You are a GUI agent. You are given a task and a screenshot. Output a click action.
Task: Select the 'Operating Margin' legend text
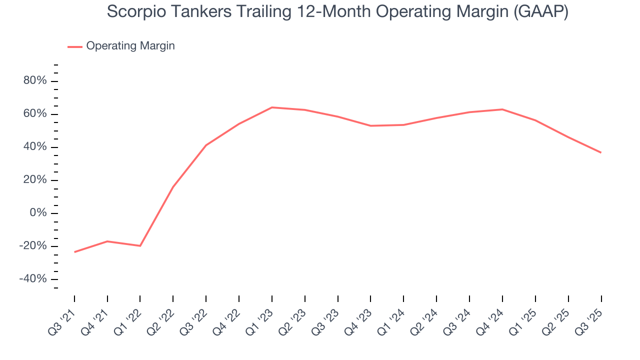(x=130, y=46)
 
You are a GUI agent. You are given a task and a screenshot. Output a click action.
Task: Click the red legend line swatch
(x=75, y=46)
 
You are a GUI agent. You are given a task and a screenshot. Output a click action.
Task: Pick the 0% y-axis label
(x=38, y=213)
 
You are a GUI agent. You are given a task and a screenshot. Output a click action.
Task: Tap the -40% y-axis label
(x=33, y=279)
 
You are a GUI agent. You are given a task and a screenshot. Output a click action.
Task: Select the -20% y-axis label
(x=33, y=246)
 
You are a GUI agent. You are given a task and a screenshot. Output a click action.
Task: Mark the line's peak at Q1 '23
(x=271, y=107)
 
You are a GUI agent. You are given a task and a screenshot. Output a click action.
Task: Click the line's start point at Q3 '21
(x=74, y=252)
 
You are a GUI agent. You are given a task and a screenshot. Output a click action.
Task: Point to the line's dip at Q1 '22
(x=140, y=246)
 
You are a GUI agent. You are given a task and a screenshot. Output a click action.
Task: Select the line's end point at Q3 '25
(x=600, y=152)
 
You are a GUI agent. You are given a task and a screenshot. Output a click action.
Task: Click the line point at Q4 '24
(x=502, y=109)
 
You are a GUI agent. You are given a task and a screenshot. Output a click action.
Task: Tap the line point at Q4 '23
(x=370, y=125)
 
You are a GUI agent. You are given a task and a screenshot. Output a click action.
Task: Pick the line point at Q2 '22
(x=173, y=187)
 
